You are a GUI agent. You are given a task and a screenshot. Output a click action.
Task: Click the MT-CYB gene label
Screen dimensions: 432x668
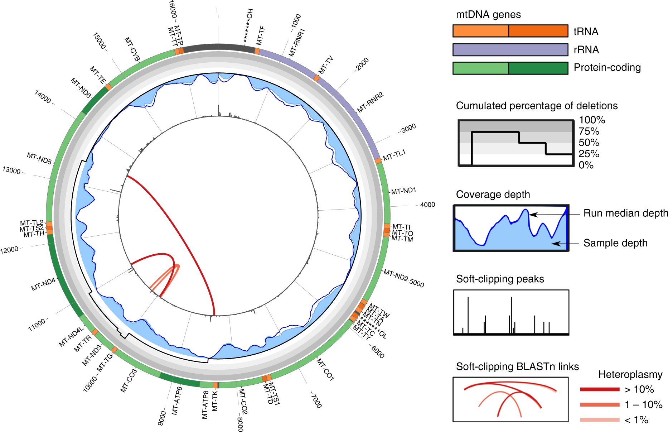[x=132, y=49]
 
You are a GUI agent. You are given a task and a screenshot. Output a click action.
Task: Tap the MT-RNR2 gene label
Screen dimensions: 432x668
[x=370, y=102]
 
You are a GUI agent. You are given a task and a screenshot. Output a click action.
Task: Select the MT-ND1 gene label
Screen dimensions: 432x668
[x=403, y=191]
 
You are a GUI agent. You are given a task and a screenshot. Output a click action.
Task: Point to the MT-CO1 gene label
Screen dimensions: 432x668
[x=325, y=369]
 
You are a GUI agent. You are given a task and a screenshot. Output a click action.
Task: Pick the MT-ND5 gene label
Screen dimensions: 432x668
[x=39, y=158]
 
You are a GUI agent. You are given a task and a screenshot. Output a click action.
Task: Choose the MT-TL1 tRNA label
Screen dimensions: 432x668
[x=394, y=155]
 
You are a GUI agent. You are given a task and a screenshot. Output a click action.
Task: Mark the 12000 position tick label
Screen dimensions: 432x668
[x=9, y=250]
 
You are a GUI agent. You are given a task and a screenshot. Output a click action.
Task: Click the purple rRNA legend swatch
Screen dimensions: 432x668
[x=510, y=50]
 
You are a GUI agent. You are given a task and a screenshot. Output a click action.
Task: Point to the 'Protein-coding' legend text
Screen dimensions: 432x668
[x=607, y=68]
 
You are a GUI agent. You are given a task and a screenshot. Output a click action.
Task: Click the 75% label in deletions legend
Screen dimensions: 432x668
[x=589, y=131]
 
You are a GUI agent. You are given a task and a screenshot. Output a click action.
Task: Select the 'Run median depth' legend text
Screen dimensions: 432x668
[x=625, y=213]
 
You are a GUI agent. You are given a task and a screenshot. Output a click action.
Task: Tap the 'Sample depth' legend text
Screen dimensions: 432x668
[x=615, y=243]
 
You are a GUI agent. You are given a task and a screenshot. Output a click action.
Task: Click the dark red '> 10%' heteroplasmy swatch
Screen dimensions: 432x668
[x=600, y=389]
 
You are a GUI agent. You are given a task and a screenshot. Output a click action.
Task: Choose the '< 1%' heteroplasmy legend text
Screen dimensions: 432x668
[x=636, y=420]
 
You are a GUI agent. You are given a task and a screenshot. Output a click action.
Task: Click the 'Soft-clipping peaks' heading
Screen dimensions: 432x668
[x=500, y=279]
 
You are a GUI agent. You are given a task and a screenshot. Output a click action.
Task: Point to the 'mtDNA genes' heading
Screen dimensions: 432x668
[x=488, y=15]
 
